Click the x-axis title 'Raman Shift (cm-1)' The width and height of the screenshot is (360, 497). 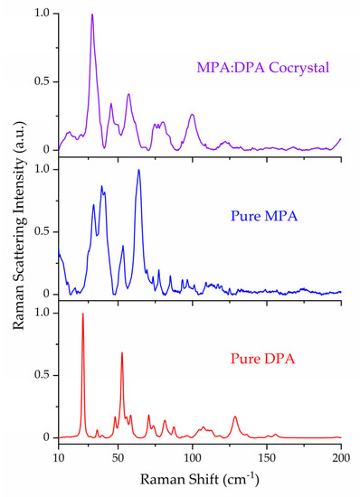199,476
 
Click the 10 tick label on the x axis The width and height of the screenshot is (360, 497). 59,456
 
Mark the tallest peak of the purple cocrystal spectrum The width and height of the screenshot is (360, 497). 91,14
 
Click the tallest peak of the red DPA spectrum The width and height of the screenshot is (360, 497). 83,314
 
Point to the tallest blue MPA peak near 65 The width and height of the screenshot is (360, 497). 138,170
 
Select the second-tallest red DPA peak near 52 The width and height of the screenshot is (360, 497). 122,352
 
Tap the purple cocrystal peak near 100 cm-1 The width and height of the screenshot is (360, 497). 192,115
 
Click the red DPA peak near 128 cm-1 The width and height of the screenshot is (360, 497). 235,417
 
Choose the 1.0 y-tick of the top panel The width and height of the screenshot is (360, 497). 42,14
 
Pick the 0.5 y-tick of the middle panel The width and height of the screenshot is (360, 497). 42,231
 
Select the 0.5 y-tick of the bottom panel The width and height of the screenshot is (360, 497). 42,375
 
